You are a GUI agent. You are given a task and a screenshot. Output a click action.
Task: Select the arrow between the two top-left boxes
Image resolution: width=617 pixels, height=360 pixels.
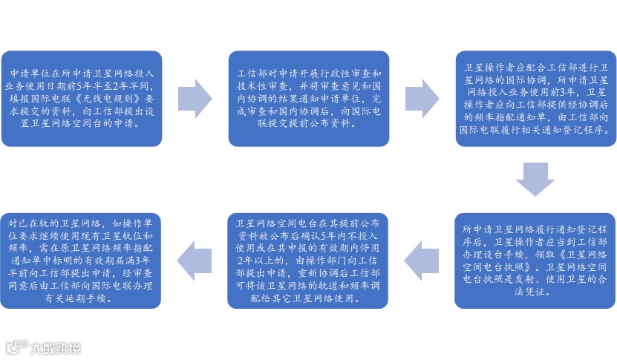pos(195,98)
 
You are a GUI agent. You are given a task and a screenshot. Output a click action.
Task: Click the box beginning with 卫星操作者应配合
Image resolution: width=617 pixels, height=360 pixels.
pos(535,98)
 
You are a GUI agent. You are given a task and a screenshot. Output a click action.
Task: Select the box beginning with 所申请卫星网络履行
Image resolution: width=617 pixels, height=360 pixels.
pos(535,260)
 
